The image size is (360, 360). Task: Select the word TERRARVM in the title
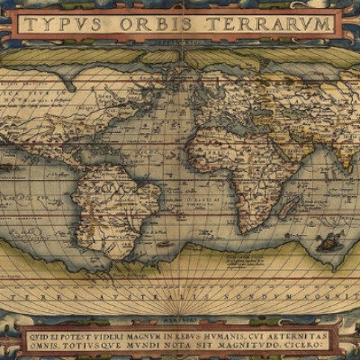275,23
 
